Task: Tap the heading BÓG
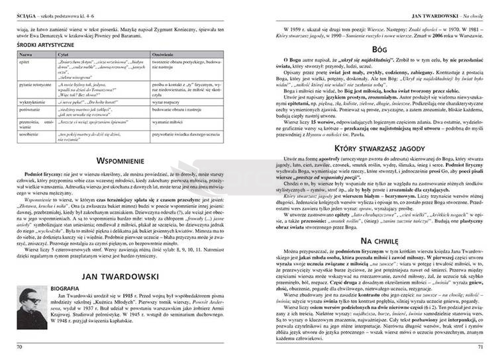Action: [x=380, y=49]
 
